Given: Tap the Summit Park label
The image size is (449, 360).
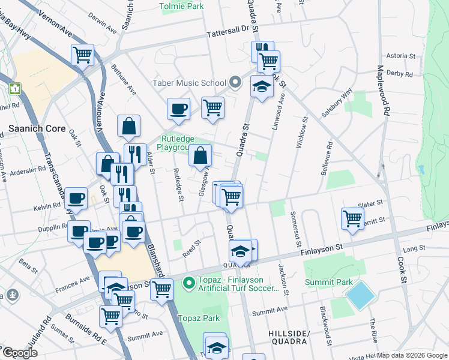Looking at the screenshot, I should point(324,282).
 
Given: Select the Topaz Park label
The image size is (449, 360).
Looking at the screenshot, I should point(197,318).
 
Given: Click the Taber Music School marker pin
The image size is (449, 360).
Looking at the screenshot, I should point(235,83).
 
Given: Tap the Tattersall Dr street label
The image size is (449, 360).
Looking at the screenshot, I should point(228,34).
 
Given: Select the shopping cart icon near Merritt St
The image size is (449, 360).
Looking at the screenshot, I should point(352,218).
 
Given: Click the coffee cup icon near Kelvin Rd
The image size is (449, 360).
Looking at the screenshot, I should point(76,198).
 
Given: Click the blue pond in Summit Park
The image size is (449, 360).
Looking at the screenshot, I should point(360,295).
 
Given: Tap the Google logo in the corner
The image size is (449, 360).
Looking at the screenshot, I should point(20,353).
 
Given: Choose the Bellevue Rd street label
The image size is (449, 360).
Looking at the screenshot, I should point(330,154).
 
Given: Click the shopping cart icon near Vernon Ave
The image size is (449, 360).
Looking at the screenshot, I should point(82,55).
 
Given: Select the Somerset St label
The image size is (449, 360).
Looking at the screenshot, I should point(294,228).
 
